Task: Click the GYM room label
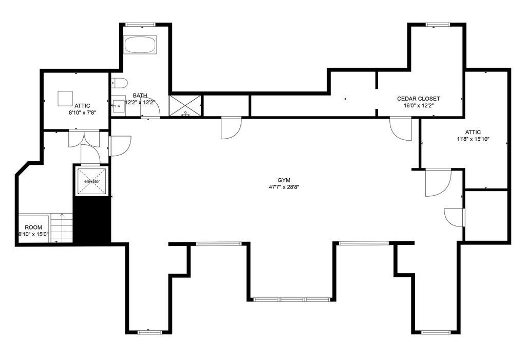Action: point(284,180)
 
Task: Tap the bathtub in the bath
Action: point(140,45)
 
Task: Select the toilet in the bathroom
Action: point(119,83)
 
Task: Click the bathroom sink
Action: point(118,106)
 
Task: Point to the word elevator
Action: point(92,181)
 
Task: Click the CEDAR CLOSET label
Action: point(418,99)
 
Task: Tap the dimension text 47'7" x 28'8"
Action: point(284,187)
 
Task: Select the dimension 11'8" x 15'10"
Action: point(473,139)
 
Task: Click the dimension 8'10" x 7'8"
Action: point(83,113)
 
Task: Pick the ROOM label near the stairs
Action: point(33,228)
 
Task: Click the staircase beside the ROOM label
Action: point(62,228)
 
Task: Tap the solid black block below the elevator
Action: point(92,220)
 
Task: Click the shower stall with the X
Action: point(185,106)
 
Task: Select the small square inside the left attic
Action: point(65,99)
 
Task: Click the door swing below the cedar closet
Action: point(401,128)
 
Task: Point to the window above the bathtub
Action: point(140,25)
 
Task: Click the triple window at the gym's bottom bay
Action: point(292,299)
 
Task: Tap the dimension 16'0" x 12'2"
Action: point(418,105)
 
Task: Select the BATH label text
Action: point(140,96)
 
